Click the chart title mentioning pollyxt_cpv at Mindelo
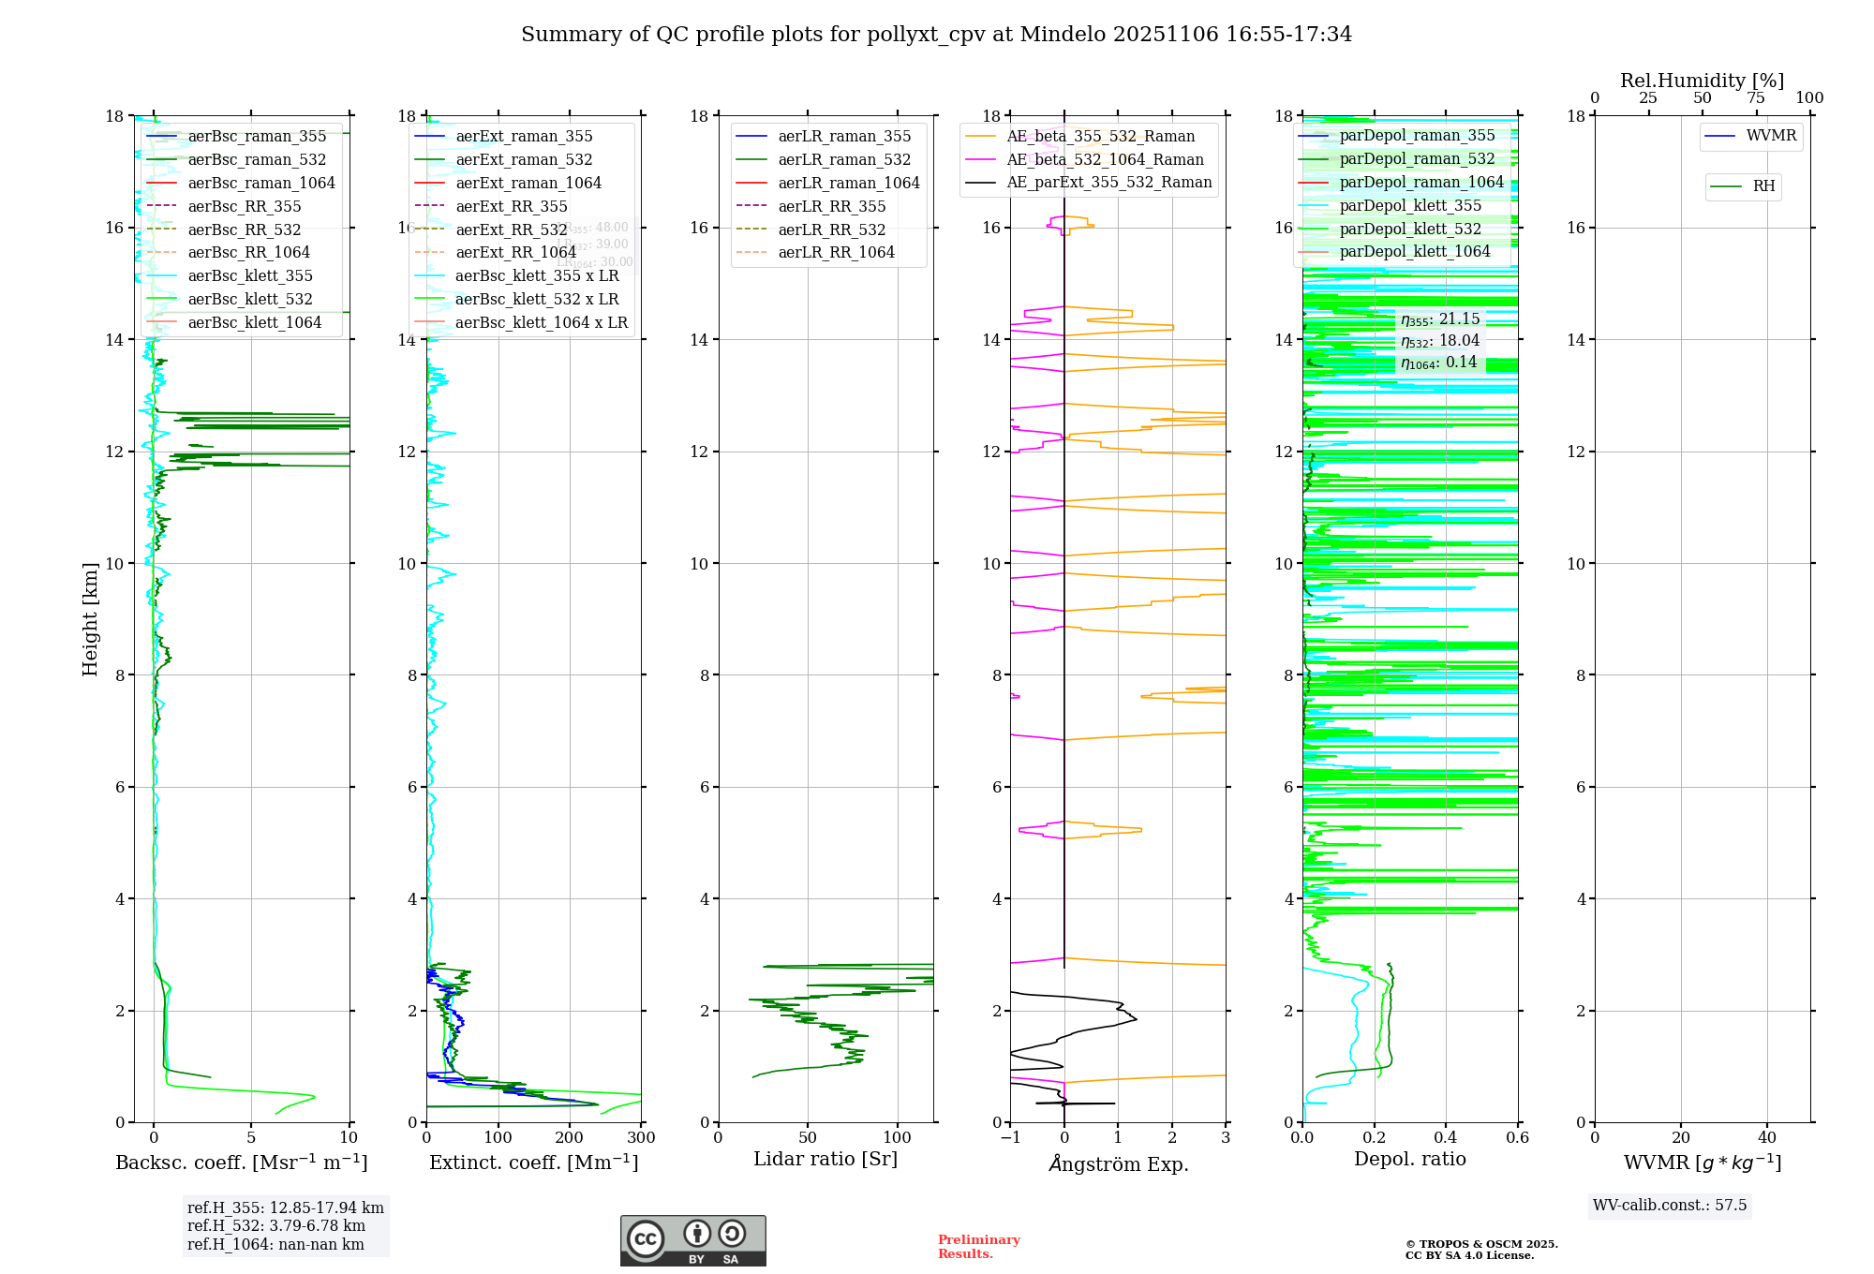click(936, 35)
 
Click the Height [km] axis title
click(90, 618)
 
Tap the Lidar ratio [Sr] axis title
click(825, 1159)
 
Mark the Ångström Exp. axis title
click(1119, 1163)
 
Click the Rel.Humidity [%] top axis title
click(1702, 81)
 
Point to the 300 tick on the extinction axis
click(641, 1138)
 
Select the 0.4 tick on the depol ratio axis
click(1446, 1138)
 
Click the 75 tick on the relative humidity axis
click(1756, 98)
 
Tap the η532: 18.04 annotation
click(1440, 341)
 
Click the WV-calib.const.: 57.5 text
click(1670, 1206)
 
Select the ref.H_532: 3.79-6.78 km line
click(276, 1226)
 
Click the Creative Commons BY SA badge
click(692, 1241)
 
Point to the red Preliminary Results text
click(978, 1247)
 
